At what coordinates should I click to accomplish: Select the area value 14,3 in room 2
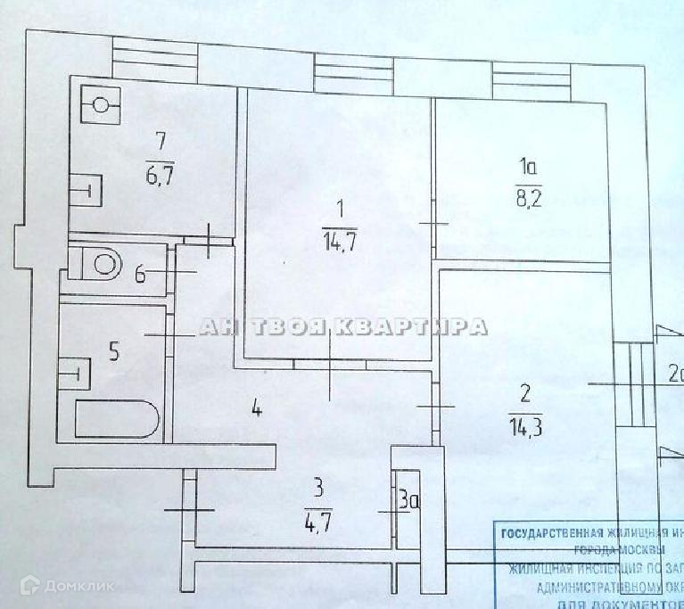pyautogui.click(x=525, y=424)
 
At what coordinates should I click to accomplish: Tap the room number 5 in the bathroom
pyautogui.click(x=113, y=351)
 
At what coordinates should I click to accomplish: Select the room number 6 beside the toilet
pyautogui.click(x=139, y=274)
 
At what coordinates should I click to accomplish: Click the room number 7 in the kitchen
pyautogui.click(x=161, y=141)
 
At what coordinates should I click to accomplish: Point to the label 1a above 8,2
pyautogui.click(x=528, y=166)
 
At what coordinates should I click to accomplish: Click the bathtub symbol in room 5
pyautogui.click(x=117, y=418)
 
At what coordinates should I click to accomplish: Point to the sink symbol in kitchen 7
pyautogui.click(x=88, y=190)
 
